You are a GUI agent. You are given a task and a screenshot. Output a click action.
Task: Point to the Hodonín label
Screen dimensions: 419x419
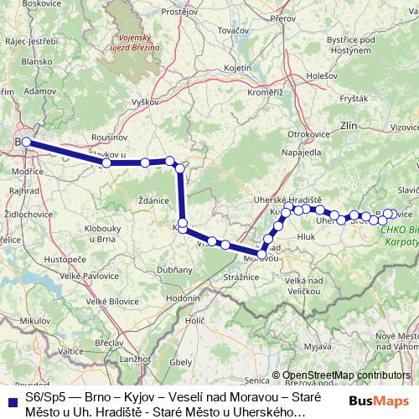coord(183,297)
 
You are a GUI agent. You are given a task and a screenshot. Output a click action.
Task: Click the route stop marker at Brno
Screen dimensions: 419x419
coord(27,142)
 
